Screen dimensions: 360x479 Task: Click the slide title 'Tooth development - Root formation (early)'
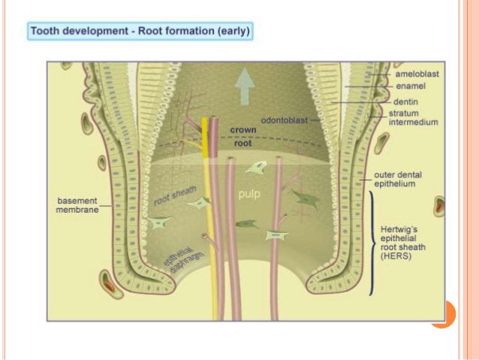[140, 32]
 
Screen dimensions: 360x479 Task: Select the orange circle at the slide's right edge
[443, 313]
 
